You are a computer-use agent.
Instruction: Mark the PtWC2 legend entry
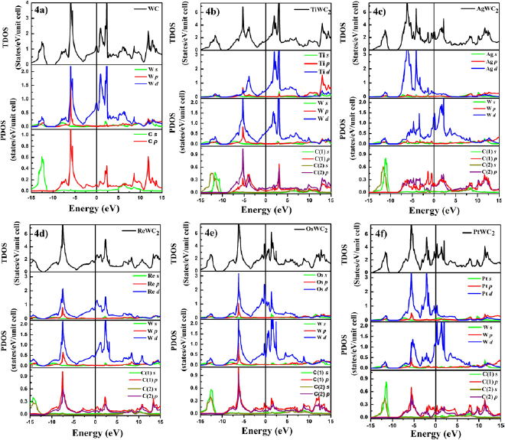click(x=477, y=232)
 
